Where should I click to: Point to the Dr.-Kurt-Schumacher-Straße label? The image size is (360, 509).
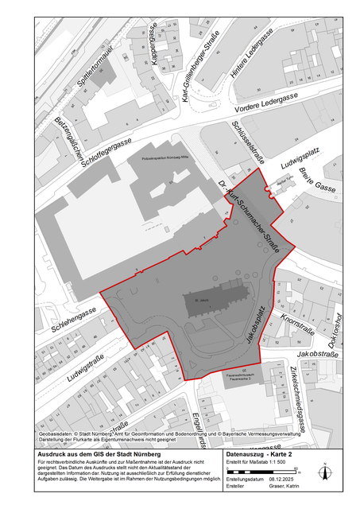[x=249, y=216]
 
